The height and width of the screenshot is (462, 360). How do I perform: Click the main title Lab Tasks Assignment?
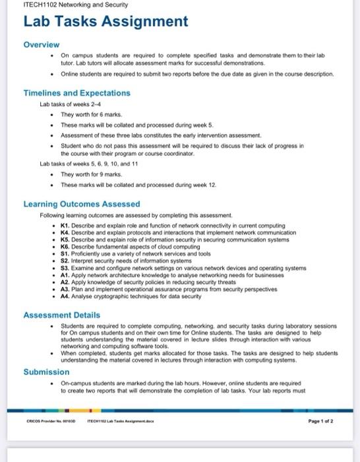(x=105, y=22)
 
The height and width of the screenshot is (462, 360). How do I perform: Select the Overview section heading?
(x=42, y=44)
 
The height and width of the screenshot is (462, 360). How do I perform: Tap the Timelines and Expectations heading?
(x=76, y=93)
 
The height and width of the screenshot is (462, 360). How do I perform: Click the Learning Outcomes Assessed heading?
(x=81, y=204)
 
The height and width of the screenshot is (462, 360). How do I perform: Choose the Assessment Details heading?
(x=63, y=315)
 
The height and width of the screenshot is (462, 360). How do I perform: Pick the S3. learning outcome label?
(x=65, y=268)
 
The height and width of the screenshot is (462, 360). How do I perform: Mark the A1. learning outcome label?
(x=65, y=275)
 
